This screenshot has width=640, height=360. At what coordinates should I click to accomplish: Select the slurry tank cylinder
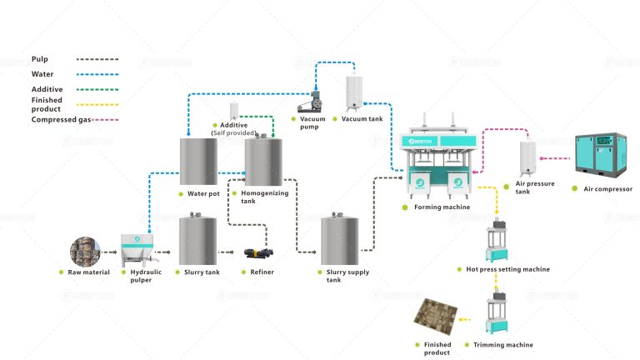[x=197, y=241]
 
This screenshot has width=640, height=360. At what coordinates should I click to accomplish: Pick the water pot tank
[x=198, y=161]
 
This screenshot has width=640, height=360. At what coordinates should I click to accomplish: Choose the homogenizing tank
[x=263, y=161]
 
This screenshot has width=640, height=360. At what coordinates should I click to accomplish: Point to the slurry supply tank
[x=340, y=241]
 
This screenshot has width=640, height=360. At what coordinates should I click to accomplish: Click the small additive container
[x=235, y=112]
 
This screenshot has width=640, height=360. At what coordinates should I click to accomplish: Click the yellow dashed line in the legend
[x=97, y=105]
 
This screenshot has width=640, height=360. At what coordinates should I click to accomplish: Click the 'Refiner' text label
[x=262, y=272]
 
